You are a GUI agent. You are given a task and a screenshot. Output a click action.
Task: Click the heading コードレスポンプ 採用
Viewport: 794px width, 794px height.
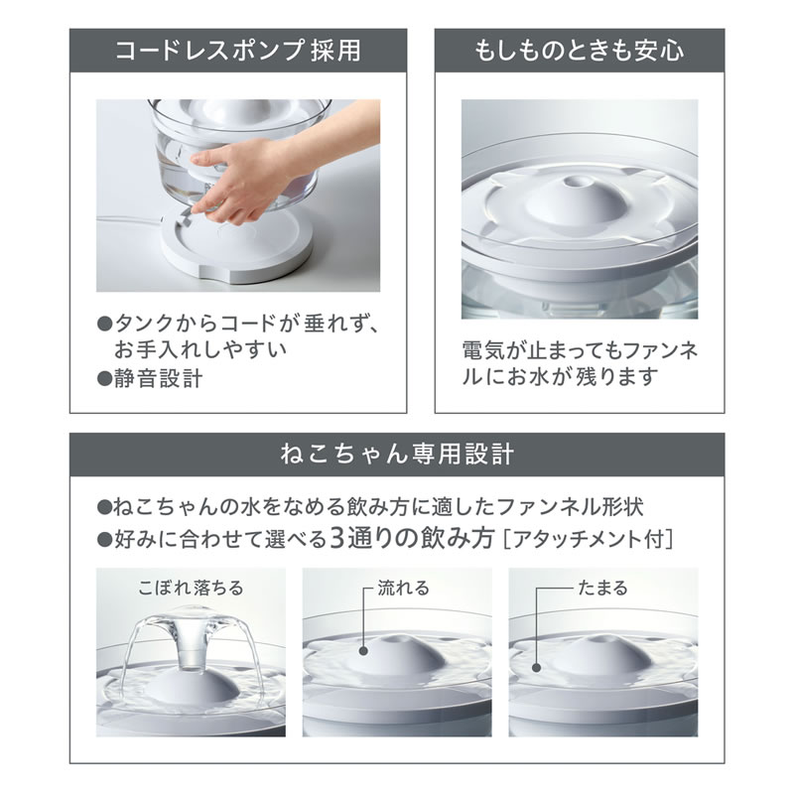coord(237,49)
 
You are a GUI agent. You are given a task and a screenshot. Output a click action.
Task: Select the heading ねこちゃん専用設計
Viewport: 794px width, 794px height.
coord(396,456)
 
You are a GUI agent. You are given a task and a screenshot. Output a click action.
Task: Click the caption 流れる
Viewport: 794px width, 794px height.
coord(403,589)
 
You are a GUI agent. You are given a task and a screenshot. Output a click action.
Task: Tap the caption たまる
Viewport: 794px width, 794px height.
coord(602,589)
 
